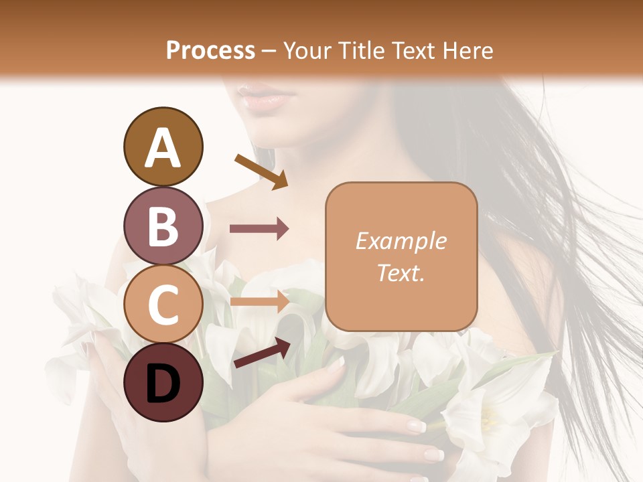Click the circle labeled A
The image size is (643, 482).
point(163,147)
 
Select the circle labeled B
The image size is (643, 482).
point(163,226)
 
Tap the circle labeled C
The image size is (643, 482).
point(163,305)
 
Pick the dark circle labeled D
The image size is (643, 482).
point(163,383)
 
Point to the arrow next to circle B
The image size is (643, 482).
point(259,229)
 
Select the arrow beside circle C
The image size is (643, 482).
point(259,301)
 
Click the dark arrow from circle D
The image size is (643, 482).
point(262,353)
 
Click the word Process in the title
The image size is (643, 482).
point(210,51)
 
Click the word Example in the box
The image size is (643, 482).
point(401,242)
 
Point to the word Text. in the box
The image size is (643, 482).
point(401,273)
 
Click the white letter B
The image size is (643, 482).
point(163,226)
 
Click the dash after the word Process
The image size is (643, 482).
point(269,52)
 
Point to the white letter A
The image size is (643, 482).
point(163,147)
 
